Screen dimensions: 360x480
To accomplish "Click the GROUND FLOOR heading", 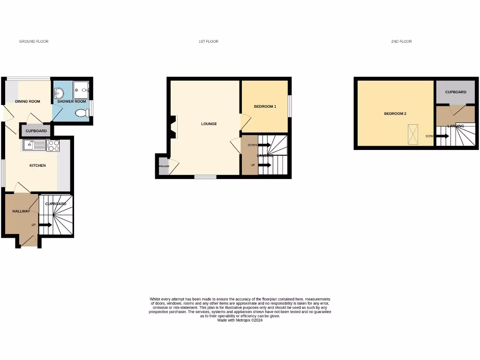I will coord(34,42).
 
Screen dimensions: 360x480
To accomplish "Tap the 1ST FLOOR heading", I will coord(208,42).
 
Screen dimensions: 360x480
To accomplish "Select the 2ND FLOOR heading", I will coord(401,42).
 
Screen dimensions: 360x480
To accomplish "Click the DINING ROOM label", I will coord(28,101).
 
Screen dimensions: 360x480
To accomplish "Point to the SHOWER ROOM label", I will coord(72,101).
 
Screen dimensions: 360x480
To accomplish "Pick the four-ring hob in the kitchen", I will coord(53,146).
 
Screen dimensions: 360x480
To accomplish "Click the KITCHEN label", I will coord(37,165).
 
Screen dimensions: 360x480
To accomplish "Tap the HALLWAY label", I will coord(21,211).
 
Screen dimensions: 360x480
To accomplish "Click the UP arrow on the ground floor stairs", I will coord(45,225).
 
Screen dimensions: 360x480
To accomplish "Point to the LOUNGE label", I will coord(209,124).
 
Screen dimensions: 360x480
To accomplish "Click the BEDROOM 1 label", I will coord(265,106).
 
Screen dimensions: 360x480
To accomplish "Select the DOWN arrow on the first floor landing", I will coord(264,145).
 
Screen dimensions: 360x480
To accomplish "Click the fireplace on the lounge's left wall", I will coord(174,127).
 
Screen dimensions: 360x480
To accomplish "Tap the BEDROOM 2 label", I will coord(395,113).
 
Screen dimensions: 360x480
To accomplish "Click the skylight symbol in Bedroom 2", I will coord(413,134).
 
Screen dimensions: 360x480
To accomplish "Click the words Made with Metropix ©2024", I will coord(240,320).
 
